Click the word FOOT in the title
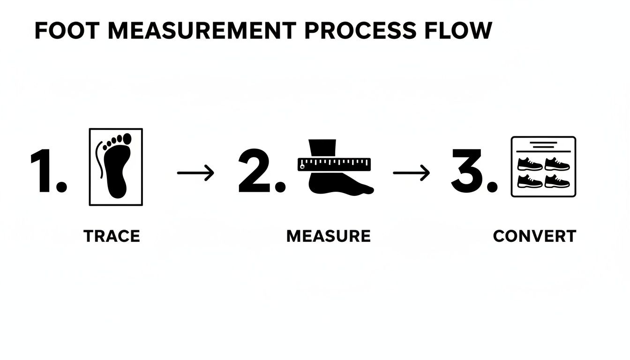pos(67,30)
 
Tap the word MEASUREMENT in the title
pos(202,30)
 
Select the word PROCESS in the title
pos(360,30)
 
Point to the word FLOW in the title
pos(458,30)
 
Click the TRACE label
pos(112,236)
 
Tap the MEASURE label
pos(328,236)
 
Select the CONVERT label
pos(535,236)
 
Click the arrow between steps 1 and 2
pos(195,172)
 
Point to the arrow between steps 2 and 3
pos(411,172)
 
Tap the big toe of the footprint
pos(127,139)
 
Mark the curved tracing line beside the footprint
pos(98,159)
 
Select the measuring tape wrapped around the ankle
pos(334,165)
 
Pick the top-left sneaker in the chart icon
pos(530,164)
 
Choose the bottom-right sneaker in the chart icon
pos(557,181)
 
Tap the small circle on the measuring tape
pos(302,167)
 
